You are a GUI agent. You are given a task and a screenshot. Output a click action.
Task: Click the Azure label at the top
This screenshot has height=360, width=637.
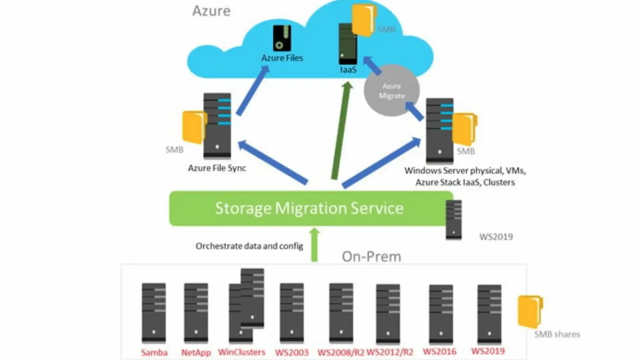point(211,11)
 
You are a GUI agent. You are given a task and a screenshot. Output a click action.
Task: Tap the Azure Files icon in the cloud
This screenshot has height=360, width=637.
point(282,38)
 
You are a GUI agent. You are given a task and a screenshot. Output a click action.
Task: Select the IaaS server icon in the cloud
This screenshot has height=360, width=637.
point(348,44)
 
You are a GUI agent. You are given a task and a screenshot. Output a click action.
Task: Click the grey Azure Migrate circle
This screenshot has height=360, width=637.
point(392,91)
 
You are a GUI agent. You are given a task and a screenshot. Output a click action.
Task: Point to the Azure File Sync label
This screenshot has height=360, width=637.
point(217,168)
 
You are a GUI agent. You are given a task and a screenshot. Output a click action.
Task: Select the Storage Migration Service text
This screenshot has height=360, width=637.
point(309,208)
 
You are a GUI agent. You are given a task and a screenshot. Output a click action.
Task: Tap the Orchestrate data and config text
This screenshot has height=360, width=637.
point(249,246)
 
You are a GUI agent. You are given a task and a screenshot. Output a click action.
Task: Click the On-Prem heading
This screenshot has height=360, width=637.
point(371,256)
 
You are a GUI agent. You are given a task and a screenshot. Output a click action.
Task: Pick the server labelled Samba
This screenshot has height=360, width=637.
point(153,312)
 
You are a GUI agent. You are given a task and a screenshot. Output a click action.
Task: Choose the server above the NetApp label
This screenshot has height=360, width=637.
point(196,312)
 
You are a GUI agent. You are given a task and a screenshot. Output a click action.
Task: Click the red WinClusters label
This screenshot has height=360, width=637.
point(242,352)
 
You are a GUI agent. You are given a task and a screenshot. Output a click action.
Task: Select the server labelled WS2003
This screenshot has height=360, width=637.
point(292,312)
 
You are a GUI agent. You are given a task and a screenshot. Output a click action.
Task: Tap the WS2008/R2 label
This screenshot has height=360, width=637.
point(340,352)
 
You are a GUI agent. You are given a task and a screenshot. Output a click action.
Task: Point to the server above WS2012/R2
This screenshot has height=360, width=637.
point(388,313)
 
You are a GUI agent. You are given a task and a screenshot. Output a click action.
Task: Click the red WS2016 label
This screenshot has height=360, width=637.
point(440,351)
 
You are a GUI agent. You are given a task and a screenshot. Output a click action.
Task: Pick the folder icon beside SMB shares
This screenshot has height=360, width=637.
point(530,311)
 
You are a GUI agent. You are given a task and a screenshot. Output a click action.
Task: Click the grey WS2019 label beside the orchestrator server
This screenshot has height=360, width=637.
point(496,237)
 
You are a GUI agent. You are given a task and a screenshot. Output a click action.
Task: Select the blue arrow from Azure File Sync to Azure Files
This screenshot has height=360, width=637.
point(253,91)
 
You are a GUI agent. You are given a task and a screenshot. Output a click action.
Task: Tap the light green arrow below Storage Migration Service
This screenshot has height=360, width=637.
point(314,245)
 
